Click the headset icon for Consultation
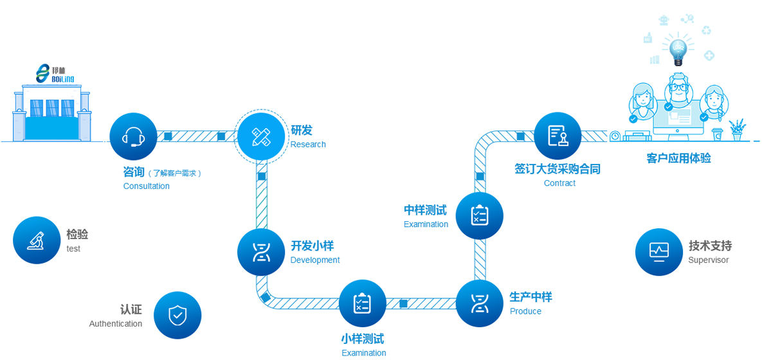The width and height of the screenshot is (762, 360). [x=133, y=136]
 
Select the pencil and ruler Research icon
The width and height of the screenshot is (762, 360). [x=261, y=136]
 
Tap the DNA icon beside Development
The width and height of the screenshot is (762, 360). [x=261, y=253]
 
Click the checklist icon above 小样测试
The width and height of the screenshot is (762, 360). [x=362, y=303]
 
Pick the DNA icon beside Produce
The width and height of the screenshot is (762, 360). [x=480, y=303]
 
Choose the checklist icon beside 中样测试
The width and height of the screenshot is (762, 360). [x=480, y=216]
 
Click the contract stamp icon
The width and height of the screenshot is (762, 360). [x=558, y=136]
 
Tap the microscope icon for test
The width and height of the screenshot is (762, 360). [x=37, y=240]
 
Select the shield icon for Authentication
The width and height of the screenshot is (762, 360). [x=177, y=316]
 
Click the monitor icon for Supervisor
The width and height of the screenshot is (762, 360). [x=659, y=251]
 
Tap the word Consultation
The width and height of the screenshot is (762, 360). [x=147, y=186]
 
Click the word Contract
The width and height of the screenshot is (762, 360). [x=559, y=183]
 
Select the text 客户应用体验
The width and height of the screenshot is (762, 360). [x=678, y=158]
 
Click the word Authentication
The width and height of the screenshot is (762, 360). [x=116, y=324]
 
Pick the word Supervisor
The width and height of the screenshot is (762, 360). [x=709, y=260]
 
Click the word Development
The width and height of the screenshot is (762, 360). [x=315, y=260]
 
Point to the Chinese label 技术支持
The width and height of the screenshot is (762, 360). [x=710, y=246]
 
